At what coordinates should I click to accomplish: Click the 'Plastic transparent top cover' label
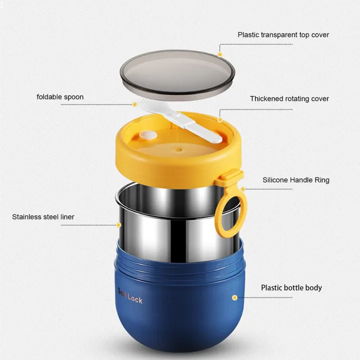pyautogui.click(x=283, y=35)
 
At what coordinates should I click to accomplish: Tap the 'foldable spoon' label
pyautogui.click(x=60, y=97)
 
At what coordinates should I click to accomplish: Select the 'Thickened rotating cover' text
pyautogui.click(x=289, y=98)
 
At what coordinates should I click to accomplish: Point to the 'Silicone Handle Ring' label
pyautogui.click(x=296, y=180)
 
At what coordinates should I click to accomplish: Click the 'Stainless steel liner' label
pyautogui.click(x=43, y=217)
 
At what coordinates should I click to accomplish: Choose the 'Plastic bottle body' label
pyautogui.click(x=291, y=287)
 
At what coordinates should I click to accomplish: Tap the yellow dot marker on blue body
pyautogui.click(x=234, y=297)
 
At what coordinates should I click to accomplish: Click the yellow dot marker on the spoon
pyautogui.click(x=134, y=104)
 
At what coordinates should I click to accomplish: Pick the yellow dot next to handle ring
pyautogui.click(x=243, y=189)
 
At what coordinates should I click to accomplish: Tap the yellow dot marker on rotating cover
pyautogui.click(x=220, y=119)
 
